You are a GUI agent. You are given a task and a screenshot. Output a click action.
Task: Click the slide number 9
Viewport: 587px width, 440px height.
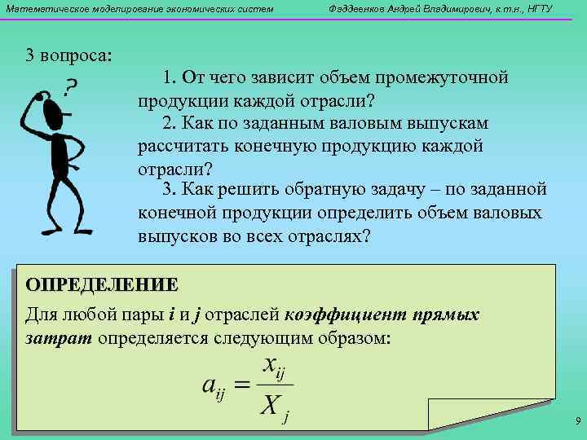577,421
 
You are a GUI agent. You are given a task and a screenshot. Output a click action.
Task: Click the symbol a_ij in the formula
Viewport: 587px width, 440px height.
215,388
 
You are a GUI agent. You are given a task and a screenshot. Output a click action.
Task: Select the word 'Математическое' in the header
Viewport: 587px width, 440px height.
40,9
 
